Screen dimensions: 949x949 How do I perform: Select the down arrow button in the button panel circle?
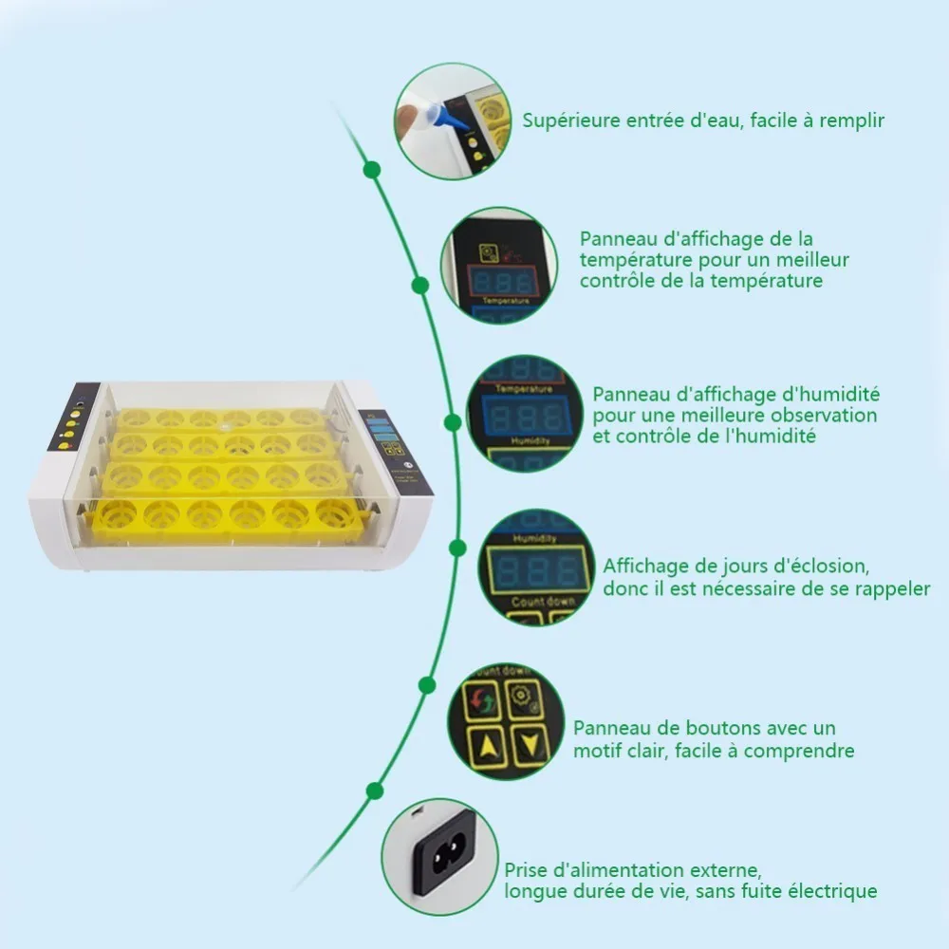pyautogui.click(x=529, y=746)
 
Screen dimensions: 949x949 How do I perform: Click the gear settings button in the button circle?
pyautogui.click(x=524, y=698)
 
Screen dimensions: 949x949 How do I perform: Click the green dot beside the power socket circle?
pyautogui.click(x=375, y=791)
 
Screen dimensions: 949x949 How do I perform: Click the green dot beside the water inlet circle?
pyautogui.click(x=372, y=170)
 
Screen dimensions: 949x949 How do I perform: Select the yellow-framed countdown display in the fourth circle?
pyautogui.click(x=531, y=569)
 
